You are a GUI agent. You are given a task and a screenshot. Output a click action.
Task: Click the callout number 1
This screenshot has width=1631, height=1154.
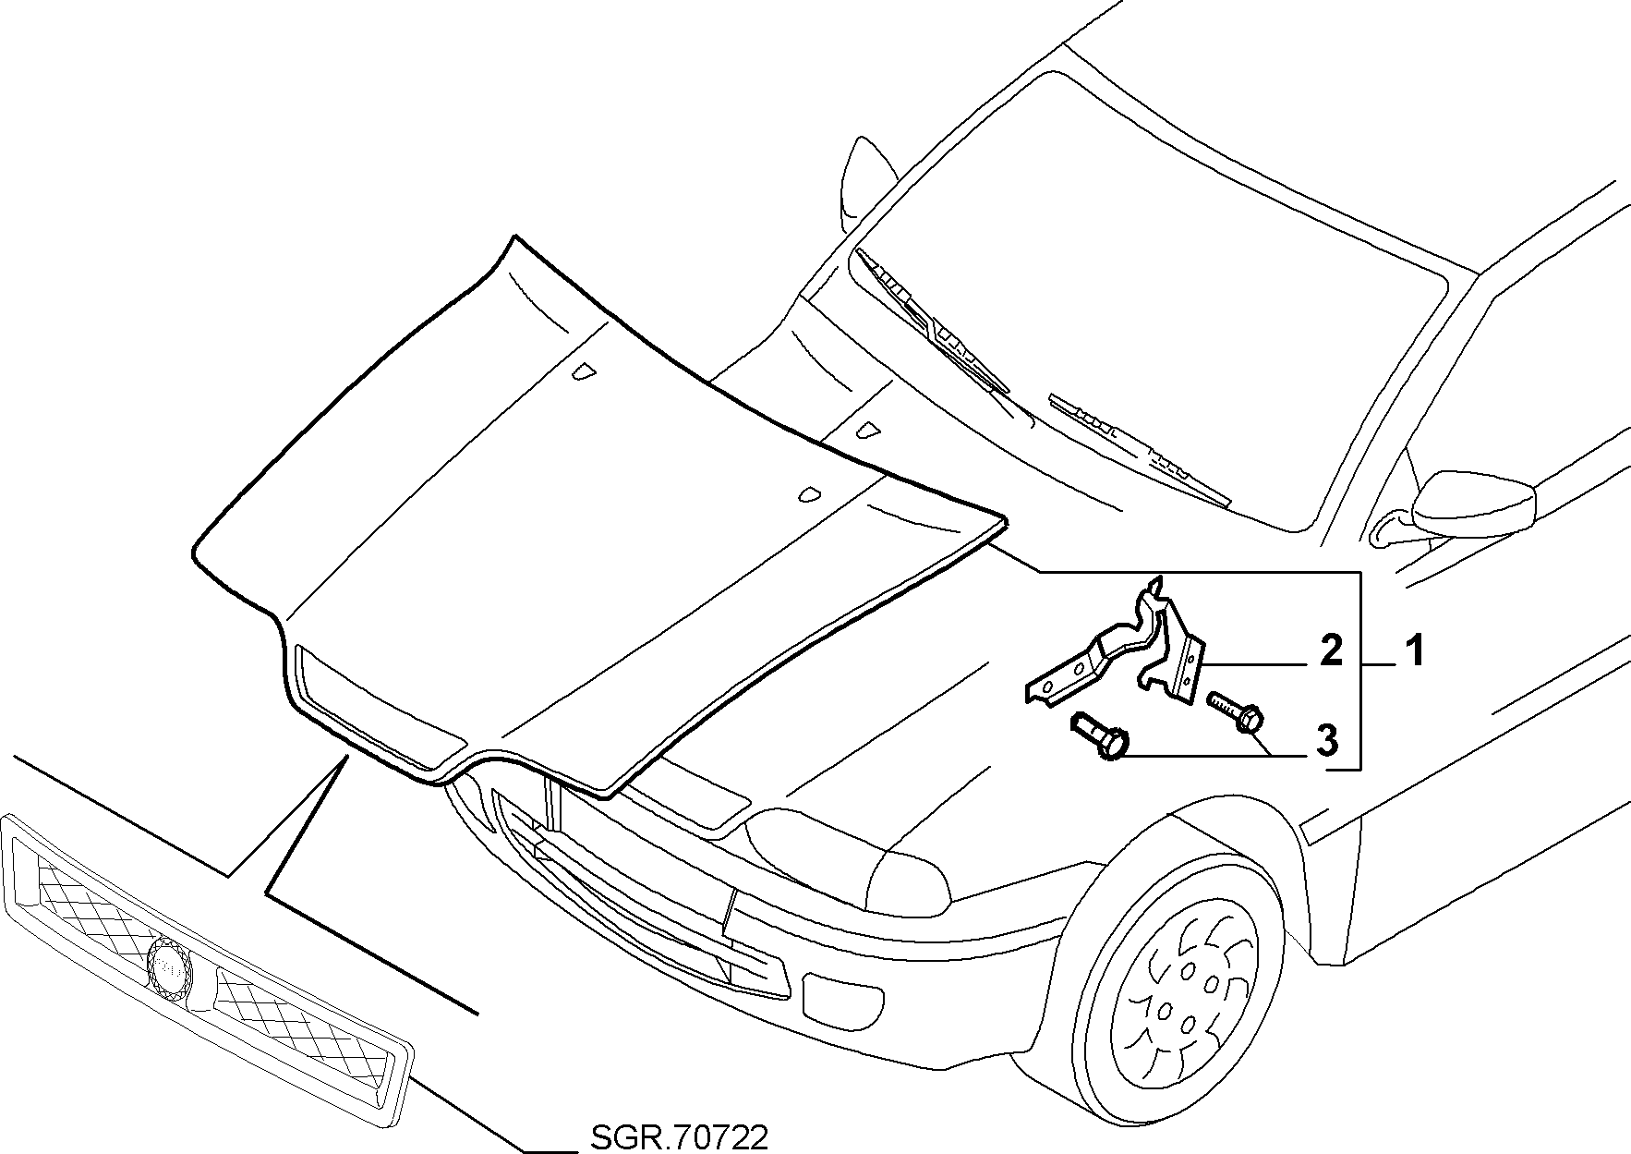point(1413,651)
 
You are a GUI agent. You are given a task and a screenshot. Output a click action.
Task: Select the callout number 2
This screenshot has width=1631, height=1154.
point(1330,651)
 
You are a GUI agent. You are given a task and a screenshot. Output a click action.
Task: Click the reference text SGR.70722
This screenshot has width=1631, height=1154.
point(677,1137)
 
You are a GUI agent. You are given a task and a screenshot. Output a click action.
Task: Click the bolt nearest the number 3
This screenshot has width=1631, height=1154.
point(1234,713)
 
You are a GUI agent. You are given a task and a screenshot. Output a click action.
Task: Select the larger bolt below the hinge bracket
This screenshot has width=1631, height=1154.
point(1098,735)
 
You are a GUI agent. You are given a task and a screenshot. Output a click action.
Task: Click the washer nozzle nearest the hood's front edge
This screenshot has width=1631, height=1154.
point(810,495)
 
